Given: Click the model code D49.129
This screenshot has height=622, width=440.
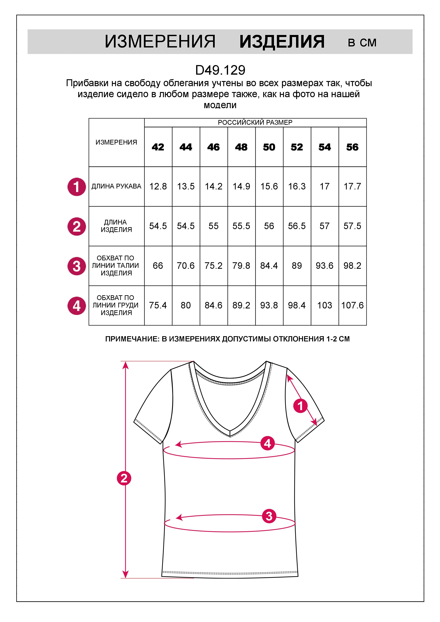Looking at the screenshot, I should (x=220, y=70).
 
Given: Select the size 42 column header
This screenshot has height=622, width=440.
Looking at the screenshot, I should (x=158, y=147).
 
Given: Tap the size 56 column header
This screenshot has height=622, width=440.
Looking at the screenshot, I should (x=352, y=147).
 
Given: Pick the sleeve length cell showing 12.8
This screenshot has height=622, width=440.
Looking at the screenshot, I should (x=158, y=186).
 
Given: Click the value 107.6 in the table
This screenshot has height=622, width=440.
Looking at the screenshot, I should (x=352, y=305).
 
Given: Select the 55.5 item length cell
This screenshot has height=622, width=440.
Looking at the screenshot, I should (x=241, y=226).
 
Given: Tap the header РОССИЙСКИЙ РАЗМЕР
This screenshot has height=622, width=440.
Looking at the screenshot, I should (x=255, y=123).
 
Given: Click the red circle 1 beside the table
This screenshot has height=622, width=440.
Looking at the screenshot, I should (x=77, y=187).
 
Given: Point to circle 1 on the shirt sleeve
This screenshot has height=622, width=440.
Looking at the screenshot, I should (x=300, y=406).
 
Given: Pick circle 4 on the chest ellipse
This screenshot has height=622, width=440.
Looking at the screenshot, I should (x=267, y=443).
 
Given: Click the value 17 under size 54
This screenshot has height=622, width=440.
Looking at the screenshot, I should (x=324, y=186).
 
